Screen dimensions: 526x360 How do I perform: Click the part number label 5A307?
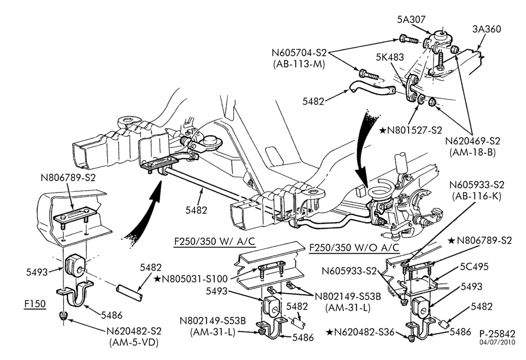click(x=411, y=19)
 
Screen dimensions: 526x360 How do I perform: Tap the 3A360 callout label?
click(x=487, y=29)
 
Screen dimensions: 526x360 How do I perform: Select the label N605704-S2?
click(x=299, y=53)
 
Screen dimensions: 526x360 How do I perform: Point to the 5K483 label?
click(x=390, y=57)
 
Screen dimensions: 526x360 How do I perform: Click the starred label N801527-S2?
click(x=411, y=130)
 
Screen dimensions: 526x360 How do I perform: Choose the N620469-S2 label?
click(x=473, y=141)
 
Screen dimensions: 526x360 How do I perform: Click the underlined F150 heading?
click(x=35, y=304)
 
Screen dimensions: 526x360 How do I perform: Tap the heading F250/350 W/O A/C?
click(x=354, y=247)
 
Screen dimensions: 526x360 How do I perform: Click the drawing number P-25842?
click(x=497, y=334)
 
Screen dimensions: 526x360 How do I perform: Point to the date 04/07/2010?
click(x=497, y=343)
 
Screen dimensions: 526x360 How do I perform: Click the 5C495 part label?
click(x=474, y=267)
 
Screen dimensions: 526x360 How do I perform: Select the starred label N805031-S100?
click(x=191, y=278)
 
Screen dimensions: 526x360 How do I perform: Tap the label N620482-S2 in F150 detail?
click(x=134, y=331)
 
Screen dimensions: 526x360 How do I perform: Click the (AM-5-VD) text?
click(x=134, y=342)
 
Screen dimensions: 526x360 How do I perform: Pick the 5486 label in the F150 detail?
click(x=112, y=315)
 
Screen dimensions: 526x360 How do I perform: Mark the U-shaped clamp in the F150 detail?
click(x=75, y=295)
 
